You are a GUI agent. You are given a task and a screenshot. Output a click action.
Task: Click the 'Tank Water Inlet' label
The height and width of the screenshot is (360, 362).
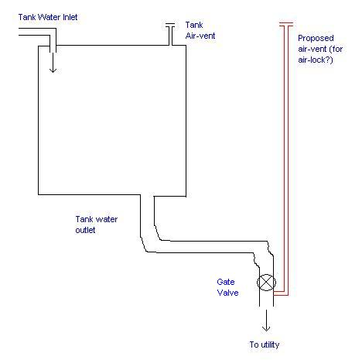pyautogui.click(x=48, y=17)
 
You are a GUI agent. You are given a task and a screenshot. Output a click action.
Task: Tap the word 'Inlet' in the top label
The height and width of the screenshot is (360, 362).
pyautogui.click(x=70, y=17)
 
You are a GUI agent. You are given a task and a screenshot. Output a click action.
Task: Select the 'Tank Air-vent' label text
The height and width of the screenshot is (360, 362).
pyautogui.click(x=200, y=30)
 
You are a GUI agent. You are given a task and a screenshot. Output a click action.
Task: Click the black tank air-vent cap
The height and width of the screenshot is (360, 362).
pyautogui.click(x=170, y=25)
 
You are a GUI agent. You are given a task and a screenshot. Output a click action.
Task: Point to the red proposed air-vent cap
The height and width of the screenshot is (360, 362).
pyautogui.click(x=286, y=24)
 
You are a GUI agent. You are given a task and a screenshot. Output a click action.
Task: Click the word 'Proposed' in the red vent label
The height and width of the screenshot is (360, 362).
pyautogui.click(x=316, y=39)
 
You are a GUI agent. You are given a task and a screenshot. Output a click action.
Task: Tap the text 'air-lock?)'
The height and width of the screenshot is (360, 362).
pyautogui.click(x=316, y=60)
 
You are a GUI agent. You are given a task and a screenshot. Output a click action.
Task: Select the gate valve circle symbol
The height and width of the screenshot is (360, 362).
pyautogui.click(x=266, y=283)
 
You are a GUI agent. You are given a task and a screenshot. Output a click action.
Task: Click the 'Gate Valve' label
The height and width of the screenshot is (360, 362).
pyautogui.click(x=227, y=287)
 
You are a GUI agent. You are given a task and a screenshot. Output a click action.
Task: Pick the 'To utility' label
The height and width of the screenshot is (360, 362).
pyautogui.click(x=265, y=345)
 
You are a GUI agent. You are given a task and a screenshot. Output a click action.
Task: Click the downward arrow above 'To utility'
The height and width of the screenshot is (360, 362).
pyautogui.click(x=266, y=321)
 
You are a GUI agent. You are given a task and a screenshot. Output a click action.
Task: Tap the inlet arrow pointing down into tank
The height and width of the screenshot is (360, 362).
pyautogui.click(x=53, y=63)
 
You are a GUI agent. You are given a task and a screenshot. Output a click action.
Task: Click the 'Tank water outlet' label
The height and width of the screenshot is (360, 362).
pyautogui.click(x=97, y=225)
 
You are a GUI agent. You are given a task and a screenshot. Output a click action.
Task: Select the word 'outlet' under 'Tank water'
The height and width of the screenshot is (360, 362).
pyautogui.click(x=85, y=230)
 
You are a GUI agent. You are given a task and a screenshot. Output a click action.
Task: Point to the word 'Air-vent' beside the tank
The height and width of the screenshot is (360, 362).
pyautogui.click(x=200, y=36)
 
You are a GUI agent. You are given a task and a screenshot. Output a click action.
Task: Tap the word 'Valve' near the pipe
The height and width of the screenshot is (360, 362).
pyautogui.click(x=227, y=293)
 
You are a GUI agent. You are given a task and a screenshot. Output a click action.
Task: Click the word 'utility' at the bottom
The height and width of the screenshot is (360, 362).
pyautogui.click(x=270, y=345)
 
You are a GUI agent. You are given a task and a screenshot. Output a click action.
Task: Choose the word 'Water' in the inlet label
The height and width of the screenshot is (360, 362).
pyautogui.click(x=50, y=17)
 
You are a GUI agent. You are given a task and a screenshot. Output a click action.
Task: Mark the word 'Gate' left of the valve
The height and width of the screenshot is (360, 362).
pyautogui.click(x=226, y=282)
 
